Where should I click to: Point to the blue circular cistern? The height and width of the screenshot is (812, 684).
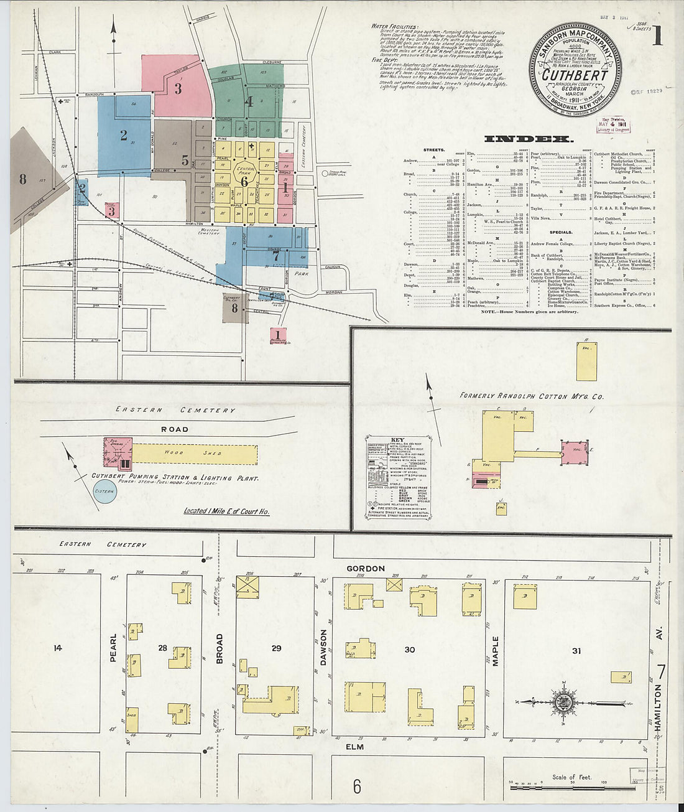(104, 493)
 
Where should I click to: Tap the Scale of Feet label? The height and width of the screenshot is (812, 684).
(571, 777)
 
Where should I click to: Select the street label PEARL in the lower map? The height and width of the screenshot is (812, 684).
(114, 648)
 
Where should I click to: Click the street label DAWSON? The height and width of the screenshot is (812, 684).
(323, 648)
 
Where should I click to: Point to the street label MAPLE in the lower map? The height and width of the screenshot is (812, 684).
(496, 651)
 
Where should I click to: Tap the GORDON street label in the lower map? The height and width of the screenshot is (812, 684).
(365, 568)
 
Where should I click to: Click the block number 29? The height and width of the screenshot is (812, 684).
(276, 648)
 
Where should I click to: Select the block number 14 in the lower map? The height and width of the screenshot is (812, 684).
(58, 648)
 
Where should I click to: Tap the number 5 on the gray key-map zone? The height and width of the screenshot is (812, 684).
(185, 160)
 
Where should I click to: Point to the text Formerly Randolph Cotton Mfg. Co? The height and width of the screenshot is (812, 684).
(531, 395)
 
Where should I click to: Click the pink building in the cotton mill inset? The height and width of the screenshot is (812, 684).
(575, 452)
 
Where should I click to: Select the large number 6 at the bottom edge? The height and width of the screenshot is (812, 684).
(357, 787)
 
